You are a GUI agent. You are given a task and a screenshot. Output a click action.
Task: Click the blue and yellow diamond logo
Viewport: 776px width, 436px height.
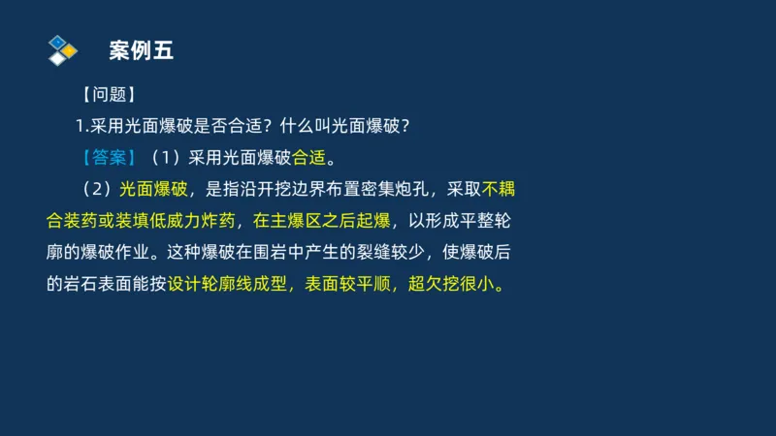(62, 49)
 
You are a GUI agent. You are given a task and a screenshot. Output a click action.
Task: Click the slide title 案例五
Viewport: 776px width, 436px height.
(141, 51)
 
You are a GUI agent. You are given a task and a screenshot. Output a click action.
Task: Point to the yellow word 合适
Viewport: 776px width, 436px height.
(309, 157)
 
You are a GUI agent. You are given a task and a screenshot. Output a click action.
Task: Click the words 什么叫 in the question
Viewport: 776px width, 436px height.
(305, 126)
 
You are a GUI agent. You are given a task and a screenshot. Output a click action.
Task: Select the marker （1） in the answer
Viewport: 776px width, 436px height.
(165, 157)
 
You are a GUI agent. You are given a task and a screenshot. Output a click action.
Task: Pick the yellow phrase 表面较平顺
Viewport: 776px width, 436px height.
(349, 287)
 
